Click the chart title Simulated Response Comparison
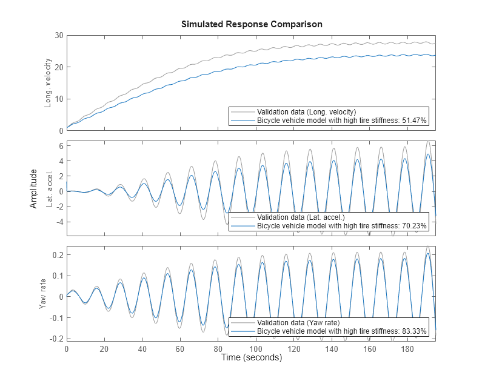click(x=252, y=24)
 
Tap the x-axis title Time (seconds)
click(x=252, y=358)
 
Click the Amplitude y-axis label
click(x=34, y=189)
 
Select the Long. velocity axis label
click(x=48, y=83)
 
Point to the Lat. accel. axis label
click(x=48, y=189)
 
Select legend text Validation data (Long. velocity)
click(x=306, y=112)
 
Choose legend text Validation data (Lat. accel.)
click(x=300, y=217)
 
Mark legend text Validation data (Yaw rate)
click(x=298, y=323)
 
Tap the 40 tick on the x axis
click(x=142, y=349)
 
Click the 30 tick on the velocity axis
click(x=58, y=36)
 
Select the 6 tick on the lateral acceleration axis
click(x=61, y=145)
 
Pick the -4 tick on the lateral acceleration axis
click(x=59, y=222)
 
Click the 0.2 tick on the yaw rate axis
click(x=56, y=255)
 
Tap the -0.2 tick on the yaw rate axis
click(x=55, y=339)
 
